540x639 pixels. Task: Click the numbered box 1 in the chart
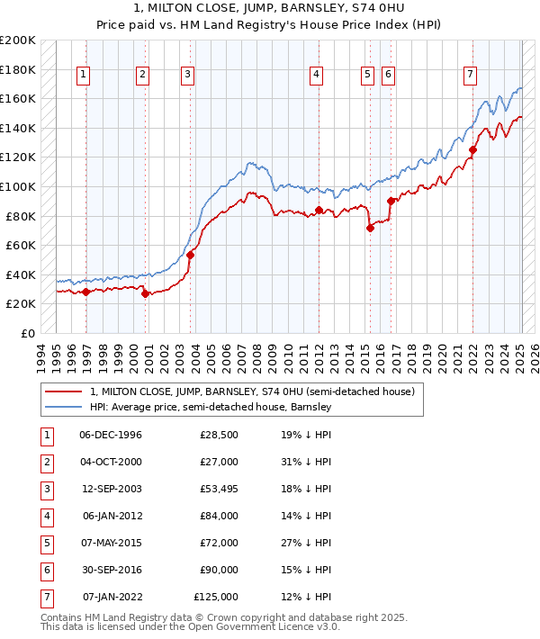83,76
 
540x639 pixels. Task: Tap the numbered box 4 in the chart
317,76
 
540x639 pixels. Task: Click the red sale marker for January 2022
473,149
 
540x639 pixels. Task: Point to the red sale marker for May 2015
370,228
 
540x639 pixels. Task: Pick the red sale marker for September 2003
190,255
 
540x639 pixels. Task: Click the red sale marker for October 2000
145,293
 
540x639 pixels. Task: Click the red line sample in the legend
63,392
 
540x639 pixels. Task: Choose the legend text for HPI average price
211,407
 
